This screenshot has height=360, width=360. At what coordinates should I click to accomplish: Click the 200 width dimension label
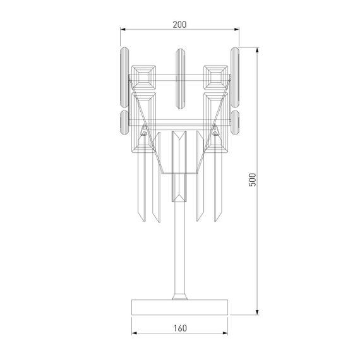click(x=179, y=24)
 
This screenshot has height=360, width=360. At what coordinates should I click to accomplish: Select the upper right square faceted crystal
click(x=215, y=78)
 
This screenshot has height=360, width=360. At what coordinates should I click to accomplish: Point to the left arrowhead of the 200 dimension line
click(x=123, y=30)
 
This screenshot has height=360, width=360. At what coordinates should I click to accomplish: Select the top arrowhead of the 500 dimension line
click(x=259, y=49)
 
